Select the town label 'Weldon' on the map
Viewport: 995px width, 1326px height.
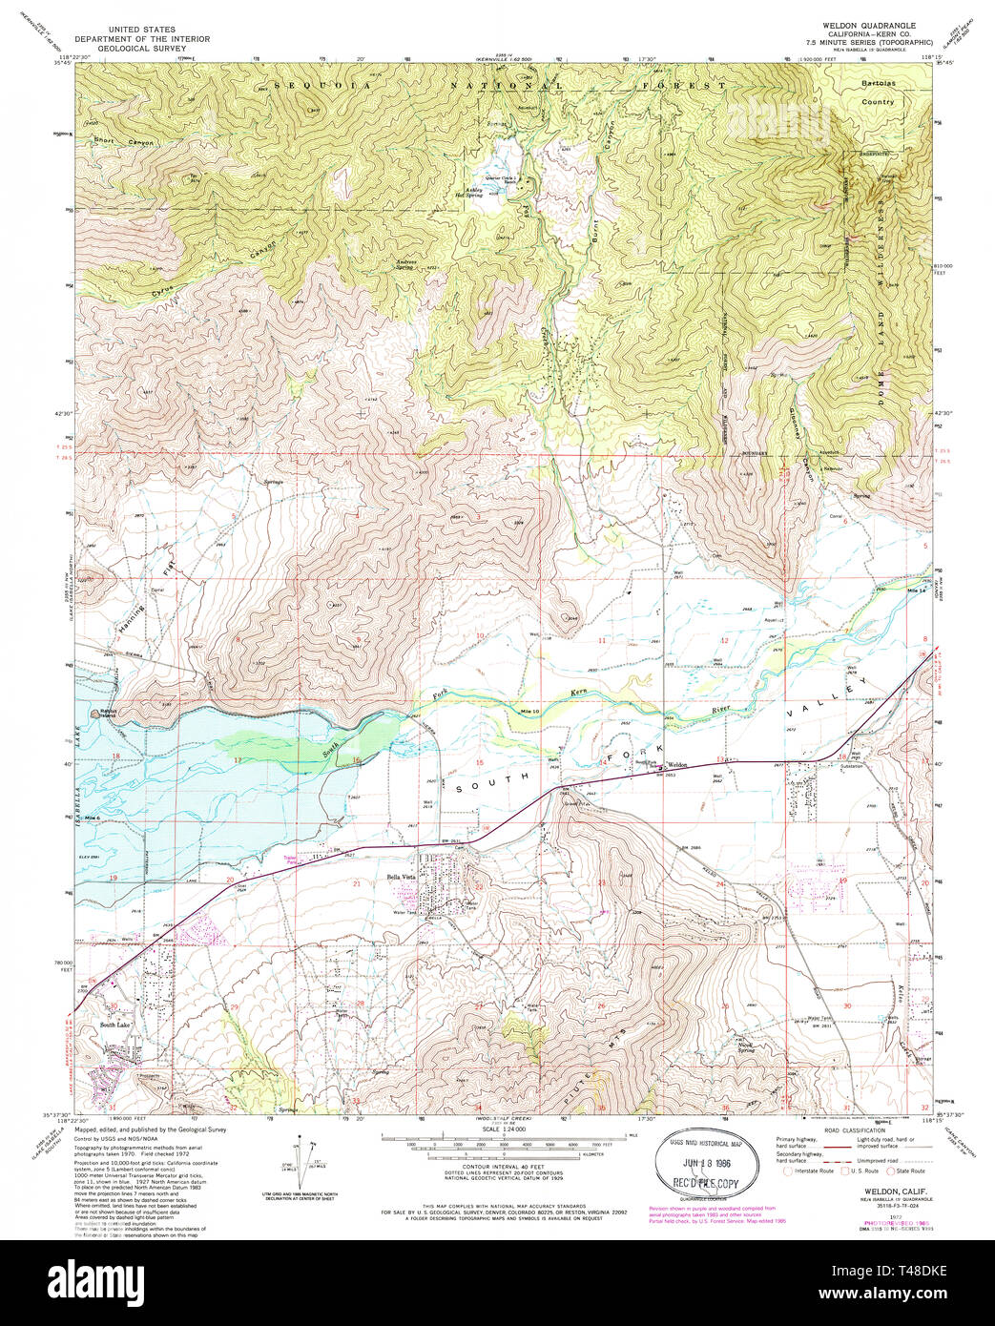(x=676, y=764)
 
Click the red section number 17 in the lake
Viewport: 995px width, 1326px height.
(x=236, y=759)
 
